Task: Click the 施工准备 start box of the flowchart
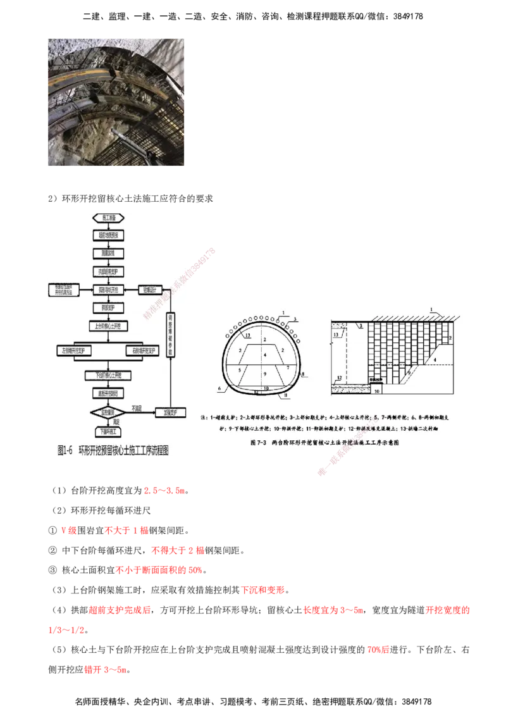[x=104, y=218]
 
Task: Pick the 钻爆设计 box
[x=150, y=289]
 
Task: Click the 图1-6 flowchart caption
[x=113, y=451]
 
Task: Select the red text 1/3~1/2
[x=66, y=631]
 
